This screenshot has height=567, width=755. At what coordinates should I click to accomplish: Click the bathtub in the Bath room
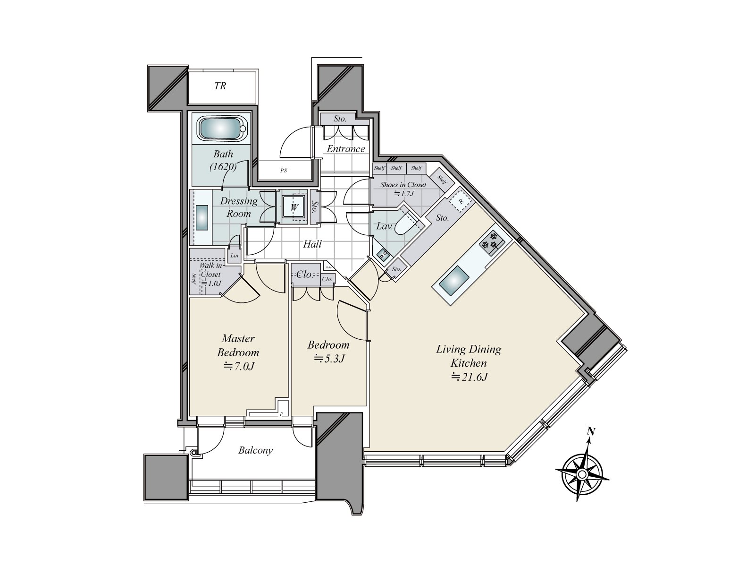click(221, 129)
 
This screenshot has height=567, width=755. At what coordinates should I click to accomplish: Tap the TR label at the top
click(220, 86)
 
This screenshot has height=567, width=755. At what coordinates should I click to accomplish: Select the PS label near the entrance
click(283, 171)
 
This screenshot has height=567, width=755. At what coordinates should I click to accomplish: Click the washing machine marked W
click(294, 207)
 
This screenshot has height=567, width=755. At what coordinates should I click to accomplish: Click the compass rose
click(582, 474)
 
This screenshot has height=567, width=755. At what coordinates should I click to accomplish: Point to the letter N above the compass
click(590, 431)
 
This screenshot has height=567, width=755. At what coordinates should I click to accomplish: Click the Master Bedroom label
click(238, 345)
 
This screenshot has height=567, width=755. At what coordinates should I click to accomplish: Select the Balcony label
click(255, 450)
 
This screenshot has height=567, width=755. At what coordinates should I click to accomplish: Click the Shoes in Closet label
click(403, 185)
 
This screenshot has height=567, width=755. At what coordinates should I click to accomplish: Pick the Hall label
click(312, 244)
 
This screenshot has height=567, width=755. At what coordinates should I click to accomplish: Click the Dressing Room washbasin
click(202, 218)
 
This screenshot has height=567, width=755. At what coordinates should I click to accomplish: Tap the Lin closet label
click(235, 256)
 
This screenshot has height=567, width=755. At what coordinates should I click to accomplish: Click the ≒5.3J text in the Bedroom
click(329, 359)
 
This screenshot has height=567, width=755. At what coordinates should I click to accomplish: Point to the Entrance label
click(346, 149)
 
